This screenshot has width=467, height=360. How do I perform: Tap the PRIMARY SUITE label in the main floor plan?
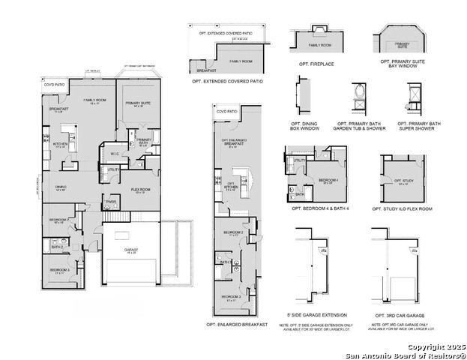click(x=138, y=103)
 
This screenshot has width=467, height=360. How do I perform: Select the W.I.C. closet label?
click(x=115, y=154)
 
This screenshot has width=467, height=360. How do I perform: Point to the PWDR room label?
click(x=110, y=201)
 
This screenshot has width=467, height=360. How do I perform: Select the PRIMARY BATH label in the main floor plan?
click(x=144, y=141)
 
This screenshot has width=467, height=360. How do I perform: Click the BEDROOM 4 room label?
click(x=328, y=181)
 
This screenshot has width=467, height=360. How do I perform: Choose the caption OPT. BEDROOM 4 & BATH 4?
click(x=317, y=208)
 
